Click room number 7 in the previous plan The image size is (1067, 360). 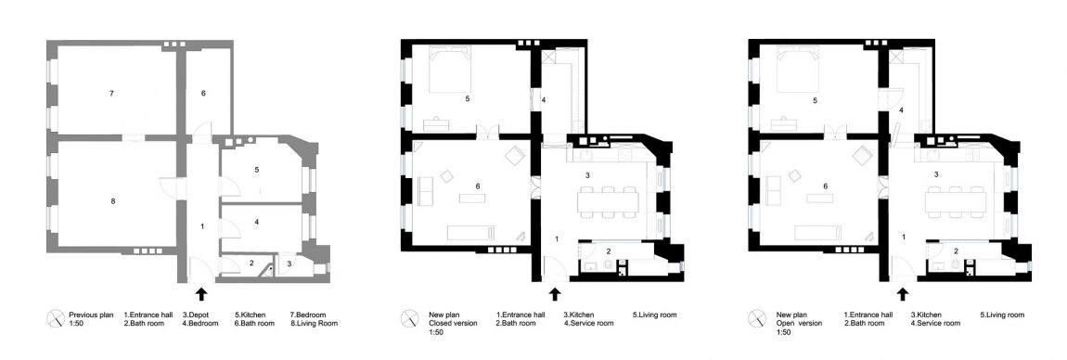[x=111, y=93]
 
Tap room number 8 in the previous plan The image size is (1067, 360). [x=112, y=200]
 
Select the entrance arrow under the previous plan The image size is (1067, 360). [x=200, y=293]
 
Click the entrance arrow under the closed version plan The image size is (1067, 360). [x=555, y=293]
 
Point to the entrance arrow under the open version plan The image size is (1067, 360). [x=903, y=293]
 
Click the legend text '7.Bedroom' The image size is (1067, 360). [x=308, y=315]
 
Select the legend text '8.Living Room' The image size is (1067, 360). [x=314, y=323]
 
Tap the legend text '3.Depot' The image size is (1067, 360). [x=196, y=315]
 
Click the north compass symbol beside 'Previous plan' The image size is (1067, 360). [x=55, y=318]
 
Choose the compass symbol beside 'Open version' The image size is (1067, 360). [x=756, y=318]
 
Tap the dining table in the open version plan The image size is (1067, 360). [x=956, y=201]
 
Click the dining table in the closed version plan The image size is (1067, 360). [x=608, y=201]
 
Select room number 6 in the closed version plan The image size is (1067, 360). [x=478, y=186]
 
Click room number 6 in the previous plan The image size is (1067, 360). [x=203, y=93]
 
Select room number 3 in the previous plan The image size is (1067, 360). [x=289, y=264]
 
